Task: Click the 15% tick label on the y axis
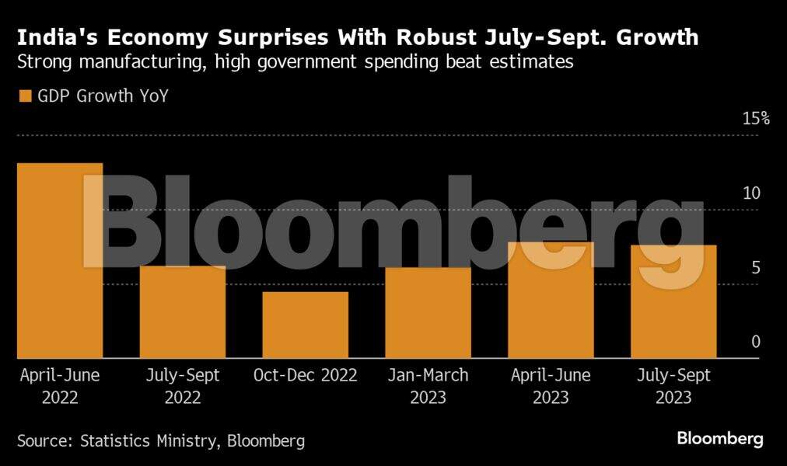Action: [x=755, y=119]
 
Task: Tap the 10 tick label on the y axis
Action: [x=750, y=193]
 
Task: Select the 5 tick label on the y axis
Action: [x=755, y=268]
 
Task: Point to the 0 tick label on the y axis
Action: [x=755, y=343]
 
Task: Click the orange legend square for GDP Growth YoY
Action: [x=24, y=96]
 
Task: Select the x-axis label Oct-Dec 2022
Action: [x=305, y=376]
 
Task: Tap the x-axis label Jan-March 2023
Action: [x=428, y=386]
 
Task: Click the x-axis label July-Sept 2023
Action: [x=673, y=386]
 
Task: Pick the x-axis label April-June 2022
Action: [x=60, y=386]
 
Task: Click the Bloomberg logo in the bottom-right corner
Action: [x=719, y=439]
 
